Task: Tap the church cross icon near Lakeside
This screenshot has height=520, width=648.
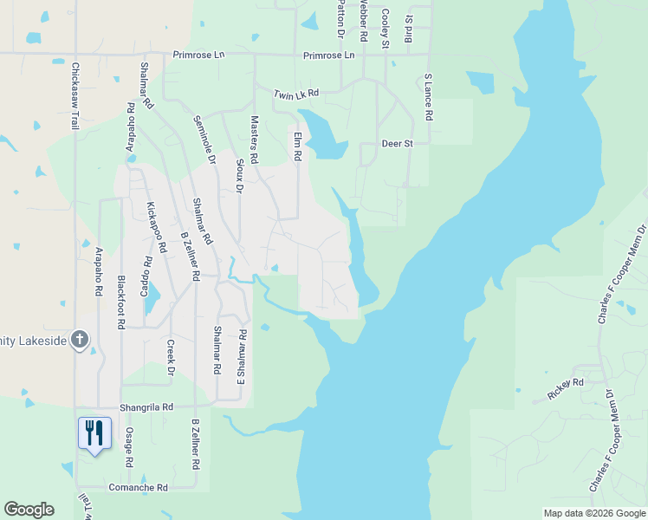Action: click(x=80, y=339)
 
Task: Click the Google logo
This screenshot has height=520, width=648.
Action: click(x=29, y=510)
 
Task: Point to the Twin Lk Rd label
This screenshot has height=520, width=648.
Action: click(x=296, y=94)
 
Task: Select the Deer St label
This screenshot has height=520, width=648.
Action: click(x=398, y=144)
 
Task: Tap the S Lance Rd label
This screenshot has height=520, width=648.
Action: click(x=428, y=97)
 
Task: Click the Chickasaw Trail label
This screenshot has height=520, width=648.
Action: click(x=76, y=96)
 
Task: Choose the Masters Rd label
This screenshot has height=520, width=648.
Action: click(x=255, y=140)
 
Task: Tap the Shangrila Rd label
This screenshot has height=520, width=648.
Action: click(x=148, y=406)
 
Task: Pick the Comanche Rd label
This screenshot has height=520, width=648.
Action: click(x=138, y=488)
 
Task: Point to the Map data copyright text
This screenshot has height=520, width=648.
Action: click(x=593, y=513)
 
